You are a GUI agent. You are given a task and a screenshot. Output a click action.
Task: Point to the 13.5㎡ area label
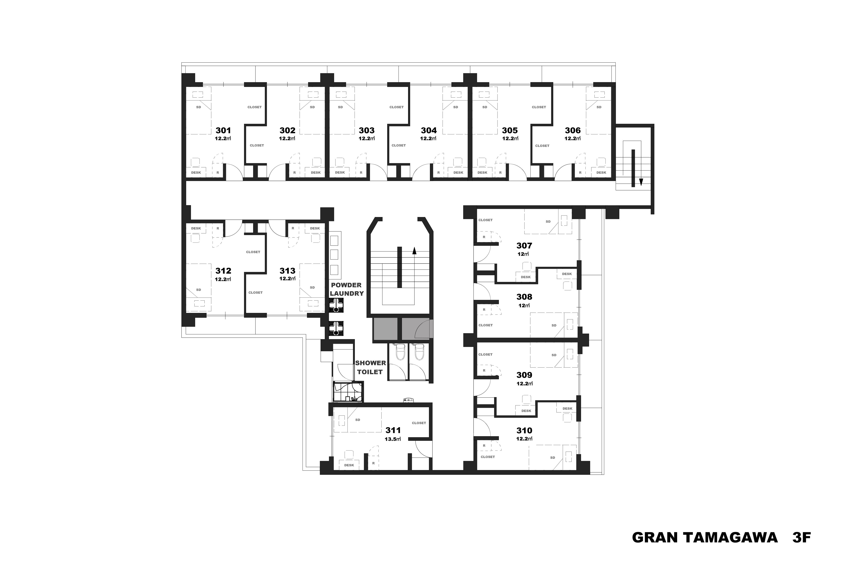[393, 439]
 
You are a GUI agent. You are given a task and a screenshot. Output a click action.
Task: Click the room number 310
[524, 430]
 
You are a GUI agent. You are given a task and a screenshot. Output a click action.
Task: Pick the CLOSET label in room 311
[419, 423]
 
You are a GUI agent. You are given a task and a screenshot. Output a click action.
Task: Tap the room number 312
[223, 271]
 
